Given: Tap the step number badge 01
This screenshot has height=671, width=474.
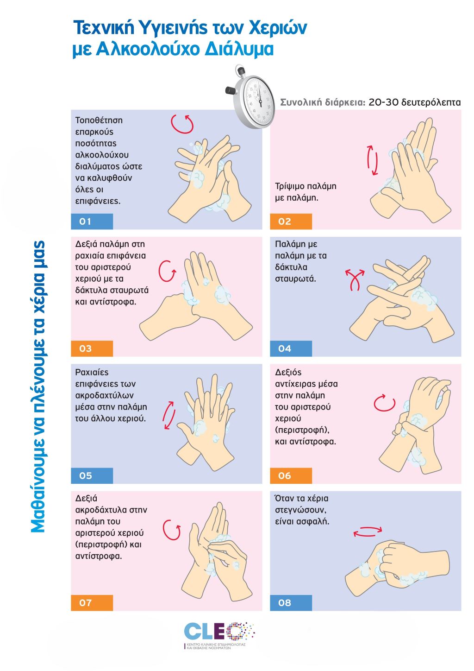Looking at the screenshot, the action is point(92,222).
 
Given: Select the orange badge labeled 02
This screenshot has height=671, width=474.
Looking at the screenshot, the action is point(291,222).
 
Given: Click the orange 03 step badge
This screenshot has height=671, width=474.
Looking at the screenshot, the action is point(92,348).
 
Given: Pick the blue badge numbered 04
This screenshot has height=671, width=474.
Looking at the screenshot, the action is point(291,348).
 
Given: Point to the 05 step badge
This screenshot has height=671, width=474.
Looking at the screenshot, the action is point(92,476).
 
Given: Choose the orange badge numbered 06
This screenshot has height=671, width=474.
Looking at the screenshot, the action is point(291,476).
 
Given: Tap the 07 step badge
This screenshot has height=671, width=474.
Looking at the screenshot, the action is point(92,603).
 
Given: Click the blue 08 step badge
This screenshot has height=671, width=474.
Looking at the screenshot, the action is point(291,603).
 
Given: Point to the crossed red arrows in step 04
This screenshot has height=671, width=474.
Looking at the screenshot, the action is point(355,279).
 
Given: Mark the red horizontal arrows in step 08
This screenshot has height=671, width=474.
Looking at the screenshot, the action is point(368,531).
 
